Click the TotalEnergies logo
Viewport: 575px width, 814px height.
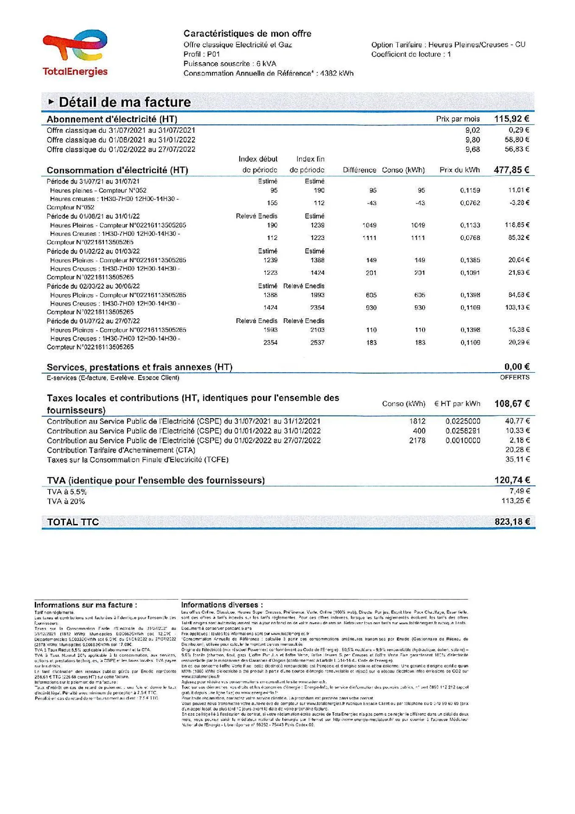[x=75, y=53]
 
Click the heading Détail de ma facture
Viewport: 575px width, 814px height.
[x=125, y=102]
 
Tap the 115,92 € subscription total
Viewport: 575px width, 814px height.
[x=511, y=119]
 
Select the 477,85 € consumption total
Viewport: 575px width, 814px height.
[x=511, y=170]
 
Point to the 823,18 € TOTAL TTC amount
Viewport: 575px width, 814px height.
[x=512, y=522]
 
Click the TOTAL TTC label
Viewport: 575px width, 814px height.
[x=73, y=522]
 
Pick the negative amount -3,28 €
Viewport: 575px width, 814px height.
[x=519, y=203]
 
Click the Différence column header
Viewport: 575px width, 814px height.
[x=359, y=170]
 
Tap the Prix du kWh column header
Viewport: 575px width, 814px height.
[x=459, y=170]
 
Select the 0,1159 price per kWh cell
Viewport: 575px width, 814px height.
[x=470, y=190]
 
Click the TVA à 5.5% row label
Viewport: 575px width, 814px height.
[x=67, y=492]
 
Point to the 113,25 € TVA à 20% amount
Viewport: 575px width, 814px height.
[x=516, y=501]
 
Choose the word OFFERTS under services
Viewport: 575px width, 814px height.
[x=514, y=377]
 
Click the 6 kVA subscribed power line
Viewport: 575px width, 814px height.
[x=230, y=64]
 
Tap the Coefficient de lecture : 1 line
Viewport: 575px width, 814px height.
[x=411, y=54]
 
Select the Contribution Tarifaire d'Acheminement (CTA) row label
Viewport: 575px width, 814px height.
[x=121, y=450]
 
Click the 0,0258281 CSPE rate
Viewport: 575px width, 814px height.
[x=463, y=431]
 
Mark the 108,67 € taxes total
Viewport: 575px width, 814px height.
[x=512, y=404]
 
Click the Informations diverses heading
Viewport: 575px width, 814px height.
[x=222, y=605]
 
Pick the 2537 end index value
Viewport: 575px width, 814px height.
[x=317, y=343]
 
